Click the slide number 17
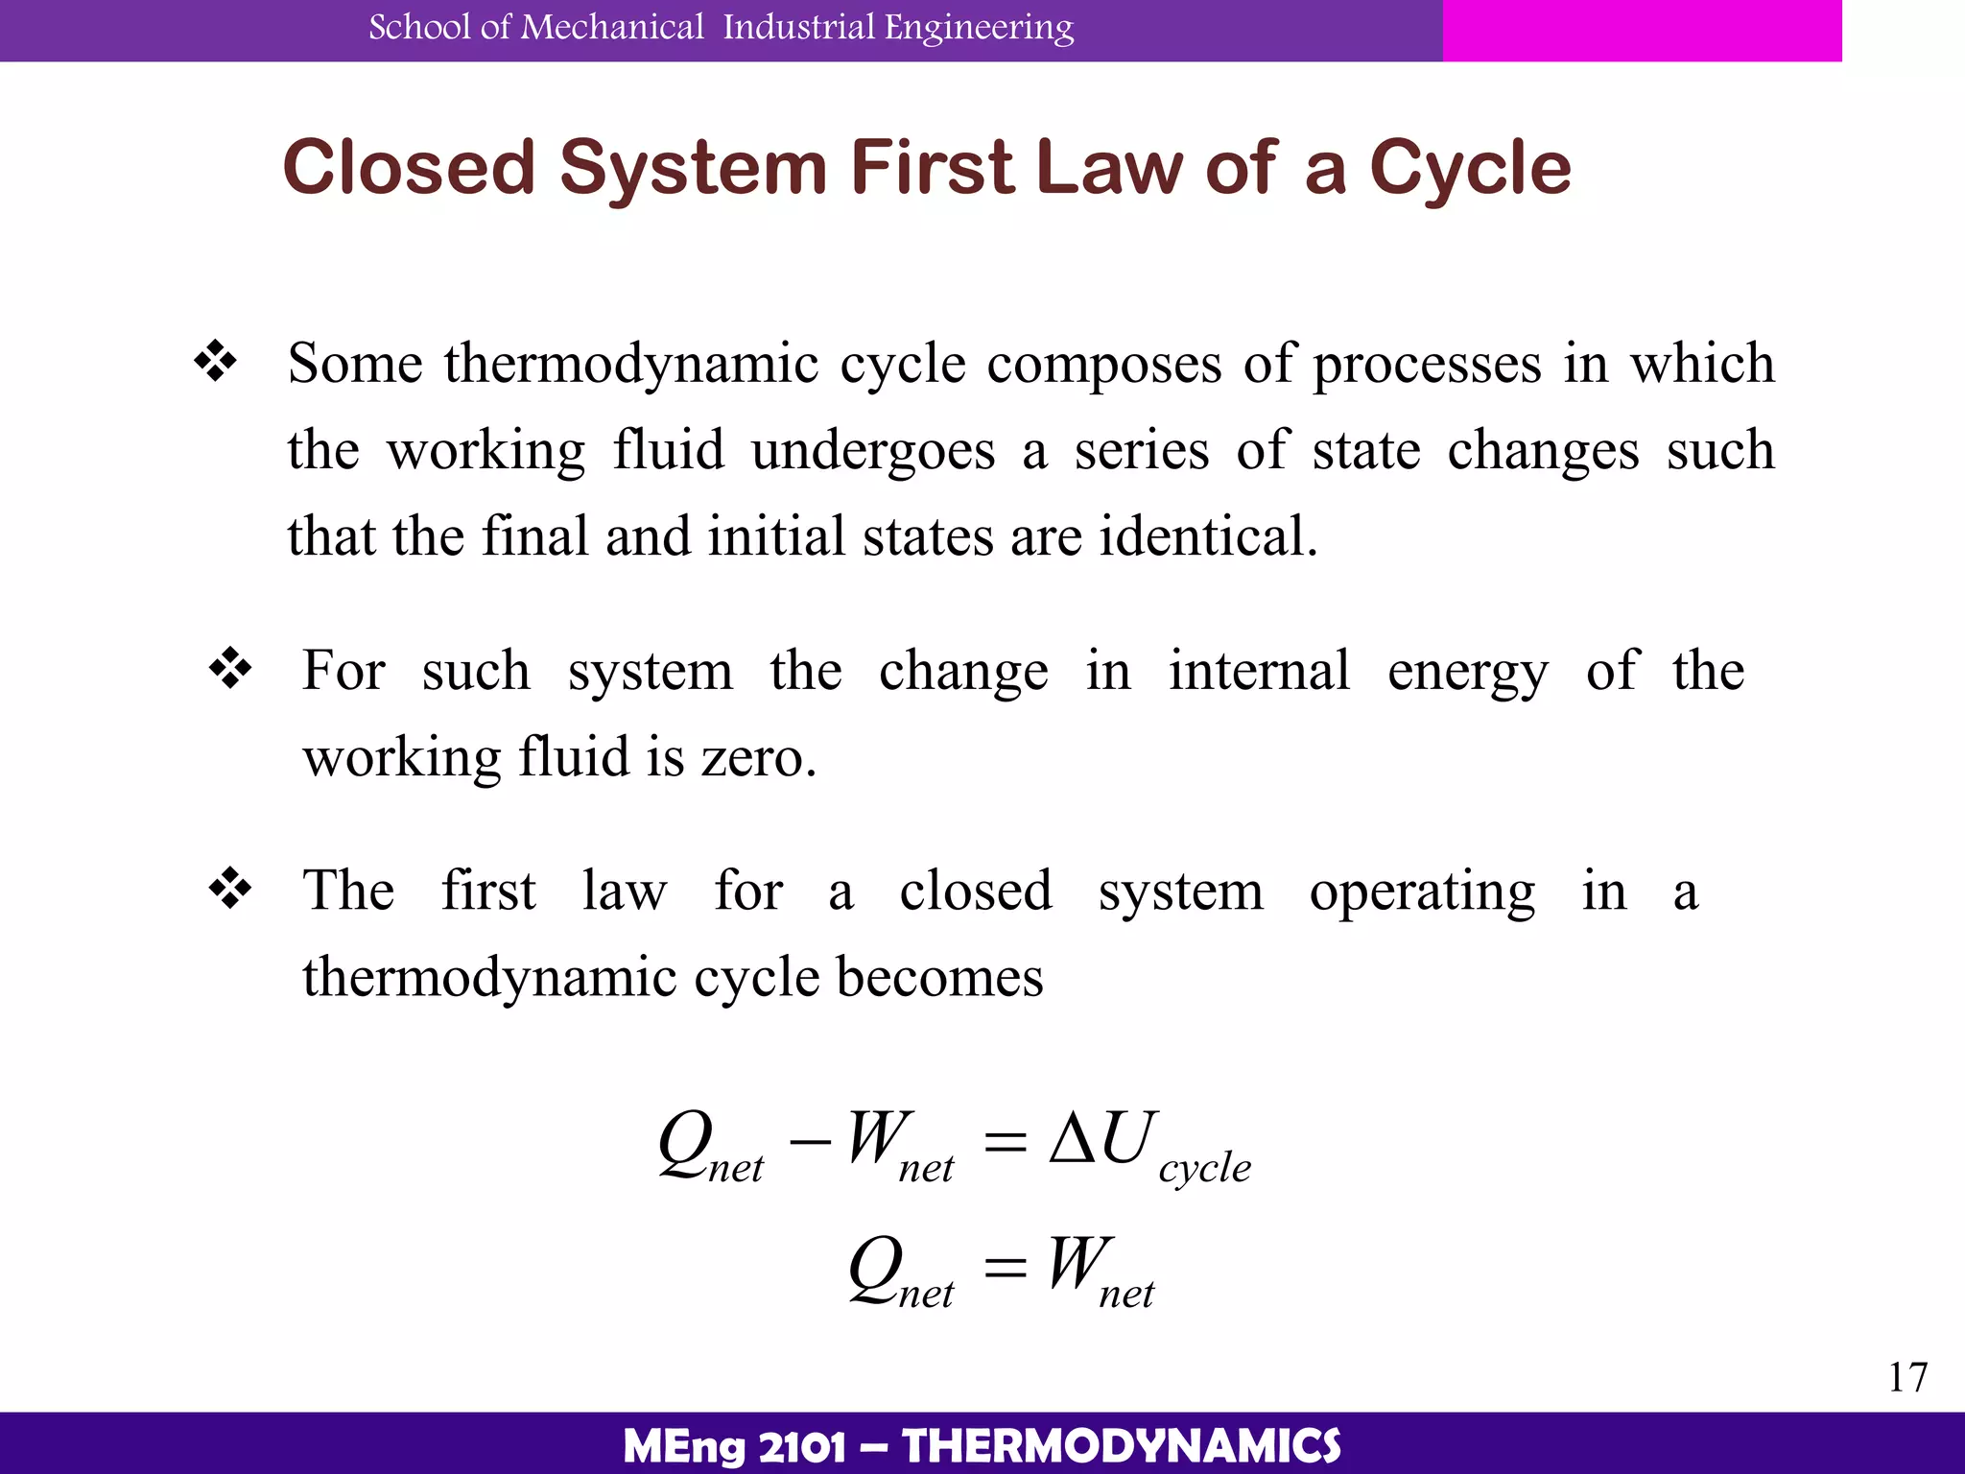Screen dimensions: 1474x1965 [1907, 1377]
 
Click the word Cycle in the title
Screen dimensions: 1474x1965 [1470, 169]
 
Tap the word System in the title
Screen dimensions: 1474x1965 [693, 169]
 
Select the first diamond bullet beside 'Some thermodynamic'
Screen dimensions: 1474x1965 [216, 362]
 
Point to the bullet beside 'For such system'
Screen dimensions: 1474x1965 [230, 669]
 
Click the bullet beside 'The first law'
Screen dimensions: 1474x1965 [230, 889]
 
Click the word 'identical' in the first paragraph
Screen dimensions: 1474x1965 [1207, 535]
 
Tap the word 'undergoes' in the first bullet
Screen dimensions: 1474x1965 [873, 451]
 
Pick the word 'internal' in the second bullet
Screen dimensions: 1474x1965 [1259, 670]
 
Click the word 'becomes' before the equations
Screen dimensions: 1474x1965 [939, 977]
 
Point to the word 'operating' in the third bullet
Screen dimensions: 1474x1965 [1422, 892]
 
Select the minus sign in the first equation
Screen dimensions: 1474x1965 [808, 1142]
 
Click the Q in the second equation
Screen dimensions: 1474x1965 [876, 1267]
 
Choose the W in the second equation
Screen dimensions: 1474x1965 [1079, 1264]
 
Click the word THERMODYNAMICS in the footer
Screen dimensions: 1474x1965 [1122, 1446]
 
